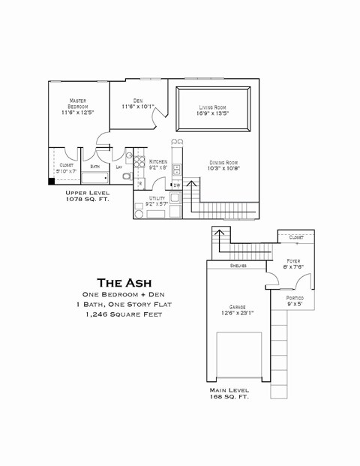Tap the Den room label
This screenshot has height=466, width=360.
tap(138, 101)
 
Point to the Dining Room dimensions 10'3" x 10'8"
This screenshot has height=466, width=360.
tap(223, 169)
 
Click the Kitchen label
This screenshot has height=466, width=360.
tap(158, 162)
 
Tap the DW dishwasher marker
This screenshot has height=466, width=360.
tap(177, 185)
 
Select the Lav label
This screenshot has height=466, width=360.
tap(118, 167)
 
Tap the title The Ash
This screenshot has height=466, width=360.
tap(120, 283)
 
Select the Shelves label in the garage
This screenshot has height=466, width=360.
tap(238, 266)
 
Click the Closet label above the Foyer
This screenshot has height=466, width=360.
tap(295, 237)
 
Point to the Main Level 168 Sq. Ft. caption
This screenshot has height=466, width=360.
tap(229, 394)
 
